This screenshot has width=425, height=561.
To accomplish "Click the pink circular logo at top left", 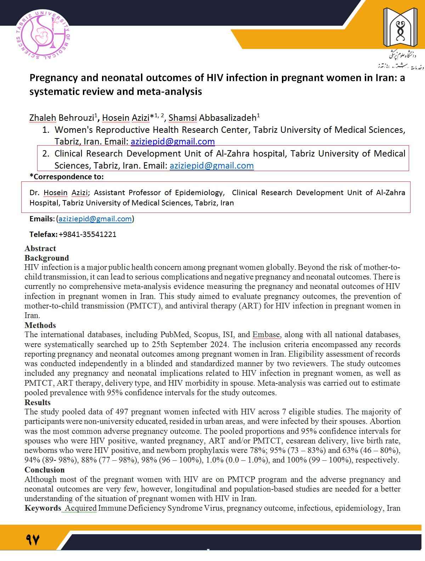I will tap(43, 35).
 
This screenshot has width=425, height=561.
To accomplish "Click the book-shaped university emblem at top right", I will tap(400, 28).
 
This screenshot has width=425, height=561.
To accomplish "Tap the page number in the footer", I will tap(32, 540).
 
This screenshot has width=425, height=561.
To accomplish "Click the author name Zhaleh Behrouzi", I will tap(62, 118).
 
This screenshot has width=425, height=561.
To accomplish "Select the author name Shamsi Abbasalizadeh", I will tap(212, 118).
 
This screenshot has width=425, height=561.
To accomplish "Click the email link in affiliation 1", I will tap(172, 142).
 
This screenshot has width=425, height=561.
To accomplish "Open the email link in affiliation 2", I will tap(211, 165).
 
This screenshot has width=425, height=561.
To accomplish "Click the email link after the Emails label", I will tap(95, 219).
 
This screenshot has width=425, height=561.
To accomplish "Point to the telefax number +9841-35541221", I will tap(87, 234).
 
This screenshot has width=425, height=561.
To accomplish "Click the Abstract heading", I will tap(40, 248).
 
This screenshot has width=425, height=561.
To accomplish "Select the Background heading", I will tap(46, 258).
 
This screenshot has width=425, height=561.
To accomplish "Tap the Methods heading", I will tap(40, 325).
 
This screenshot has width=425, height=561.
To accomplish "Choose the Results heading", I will tap(37, 402).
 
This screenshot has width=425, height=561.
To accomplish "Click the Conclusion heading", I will tap(44, 470).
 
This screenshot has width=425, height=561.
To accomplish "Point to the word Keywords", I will tap(43, 508).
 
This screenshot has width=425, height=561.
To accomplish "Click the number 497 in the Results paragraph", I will tap(122, 412).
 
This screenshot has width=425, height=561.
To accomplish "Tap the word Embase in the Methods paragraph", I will tap(266, 335).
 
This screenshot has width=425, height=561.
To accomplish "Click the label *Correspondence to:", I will tap(67, 177).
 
